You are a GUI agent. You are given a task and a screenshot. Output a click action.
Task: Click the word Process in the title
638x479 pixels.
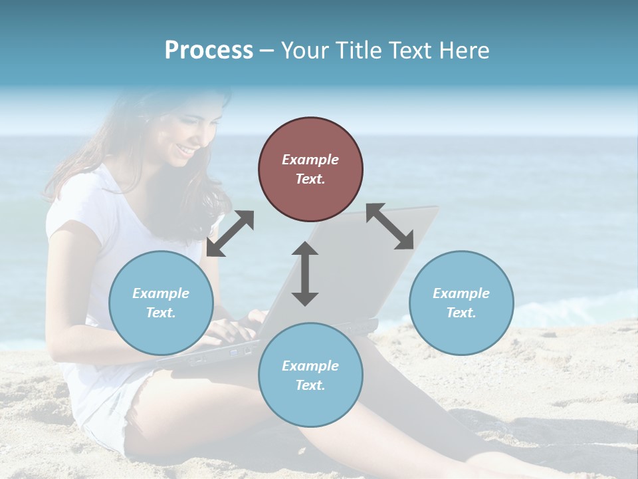click(x=209, y=51)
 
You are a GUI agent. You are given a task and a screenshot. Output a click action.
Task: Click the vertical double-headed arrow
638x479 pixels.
click(x=304, y=273)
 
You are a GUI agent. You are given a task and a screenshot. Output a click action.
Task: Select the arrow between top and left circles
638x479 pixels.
click(x=230, y=233)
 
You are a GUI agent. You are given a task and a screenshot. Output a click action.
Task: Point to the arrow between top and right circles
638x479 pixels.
click(x=389, y=226)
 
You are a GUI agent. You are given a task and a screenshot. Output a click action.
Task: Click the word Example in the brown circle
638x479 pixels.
click(x=310, y=160)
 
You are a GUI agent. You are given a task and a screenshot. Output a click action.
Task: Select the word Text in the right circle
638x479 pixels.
click(x=460, y=313)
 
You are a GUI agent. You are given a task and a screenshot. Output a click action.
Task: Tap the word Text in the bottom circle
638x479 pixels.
click(x=310, y=385)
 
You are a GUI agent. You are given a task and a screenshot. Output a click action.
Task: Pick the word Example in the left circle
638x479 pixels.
click(x=161, y=293)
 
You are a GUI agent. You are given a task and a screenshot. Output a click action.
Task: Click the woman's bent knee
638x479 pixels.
click(x=372, y=353)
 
